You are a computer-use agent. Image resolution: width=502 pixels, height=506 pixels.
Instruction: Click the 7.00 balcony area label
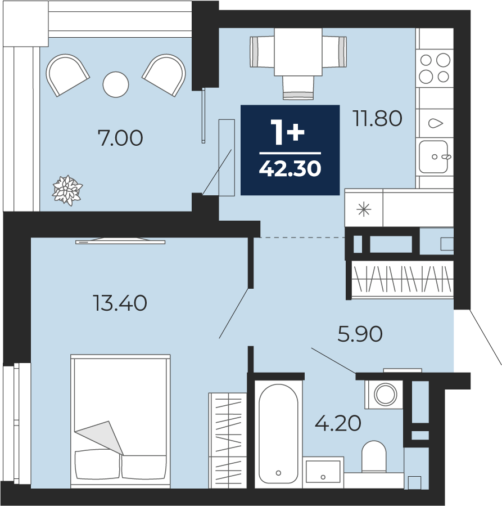(x=120, y=138)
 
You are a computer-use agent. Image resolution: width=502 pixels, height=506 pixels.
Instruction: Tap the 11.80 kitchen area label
(x=377, y=118)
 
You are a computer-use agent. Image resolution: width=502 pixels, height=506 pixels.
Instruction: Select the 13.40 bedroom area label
(x=120, y=303)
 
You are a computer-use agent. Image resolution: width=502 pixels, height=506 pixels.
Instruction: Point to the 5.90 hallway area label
(x=360, y=334)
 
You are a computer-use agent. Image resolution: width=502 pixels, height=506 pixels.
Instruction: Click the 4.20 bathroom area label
(x=338, y=423)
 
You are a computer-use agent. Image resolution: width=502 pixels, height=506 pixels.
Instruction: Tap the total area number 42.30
(x=290, y=169)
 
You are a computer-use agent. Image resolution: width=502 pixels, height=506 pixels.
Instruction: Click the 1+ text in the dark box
(x=287, y=132)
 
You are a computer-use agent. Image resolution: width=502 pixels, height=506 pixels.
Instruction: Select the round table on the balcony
(x=116, y=84)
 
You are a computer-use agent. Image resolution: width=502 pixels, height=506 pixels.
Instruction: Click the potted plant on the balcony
(x=67, y=190)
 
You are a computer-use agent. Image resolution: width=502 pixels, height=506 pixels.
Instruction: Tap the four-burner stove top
(x=435, y=69)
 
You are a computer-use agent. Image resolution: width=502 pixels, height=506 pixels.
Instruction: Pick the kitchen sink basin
(x=433, y=157)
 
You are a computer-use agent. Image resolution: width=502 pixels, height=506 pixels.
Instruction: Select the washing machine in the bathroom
(x=385, y=395)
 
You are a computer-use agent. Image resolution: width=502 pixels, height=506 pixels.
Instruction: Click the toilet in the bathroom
(x=374, y=457)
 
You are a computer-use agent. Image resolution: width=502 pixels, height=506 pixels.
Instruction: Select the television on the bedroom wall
(x=120, y=241)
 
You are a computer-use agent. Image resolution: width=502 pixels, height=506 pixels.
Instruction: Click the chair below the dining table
(x=298, y=88)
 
